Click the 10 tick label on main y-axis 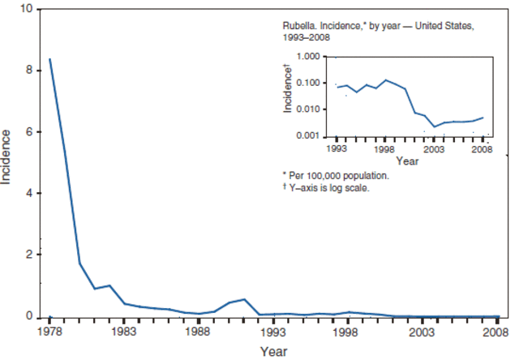27,9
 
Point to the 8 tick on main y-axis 29,71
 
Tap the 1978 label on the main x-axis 49,332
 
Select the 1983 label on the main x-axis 124,332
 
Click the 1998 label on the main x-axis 347,332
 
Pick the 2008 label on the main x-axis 495,332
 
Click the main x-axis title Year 272,352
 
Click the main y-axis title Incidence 7,156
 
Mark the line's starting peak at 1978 50,59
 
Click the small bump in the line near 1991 244,299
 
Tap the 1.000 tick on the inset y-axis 313,57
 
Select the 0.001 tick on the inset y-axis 313,135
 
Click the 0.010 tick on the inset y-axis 313,109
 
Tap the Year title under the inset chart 409,161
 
